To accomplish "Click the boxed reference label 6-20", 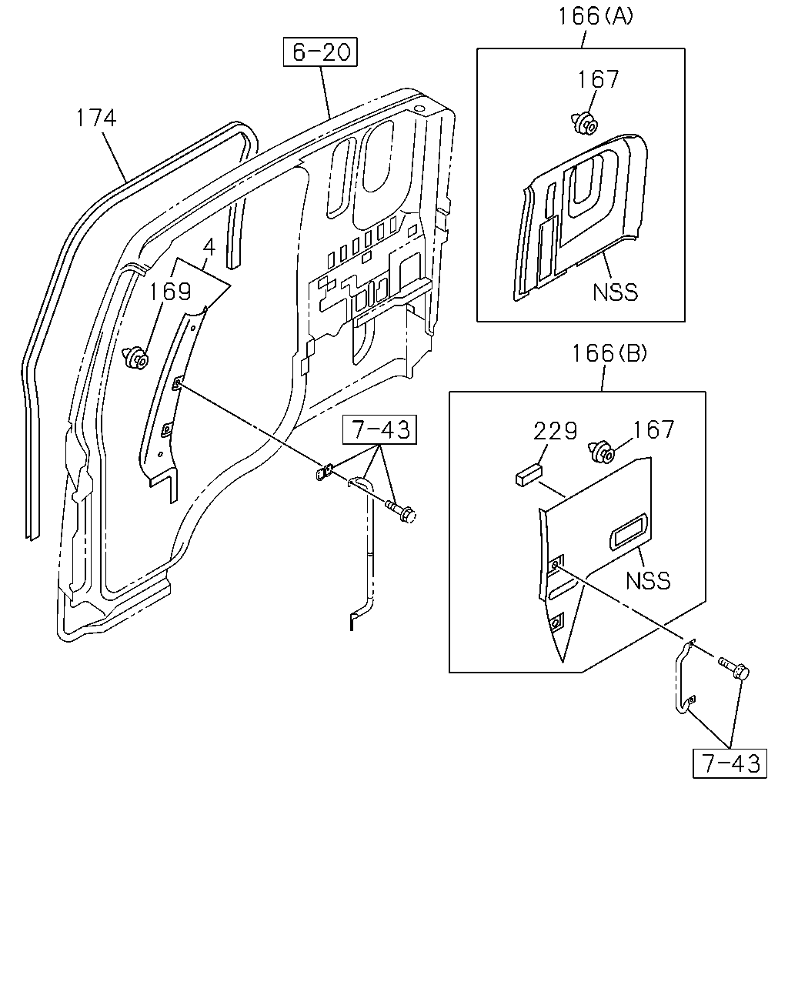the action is [x=320, y=52].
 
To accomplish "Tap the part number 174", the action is [x=96, y=118].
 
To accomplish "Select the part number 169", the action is [x=170, y=291].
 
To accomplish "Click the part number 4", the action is [x=209, y=248].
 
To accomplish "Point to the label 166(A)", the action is [x=595, y=16].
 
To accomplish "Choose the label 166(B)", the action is [x=609, y=353].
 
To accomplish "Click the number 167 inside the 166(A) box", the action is [x=598, y=79].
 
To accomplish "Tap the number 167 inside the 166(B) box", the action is [x=653, y=429].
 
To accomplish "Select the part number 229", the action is [x=555, y=431].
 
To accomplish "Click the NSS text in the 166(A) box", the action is [x=615, y=292].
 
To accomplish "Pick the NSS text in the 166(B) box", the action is [x=648, y=580].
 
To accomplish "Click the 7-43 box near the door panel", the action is [x=379, y=429].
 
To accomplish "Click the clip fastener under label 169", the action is [x=135, y=358].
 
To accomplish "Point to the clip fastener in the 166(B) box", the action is [x=601, y=452].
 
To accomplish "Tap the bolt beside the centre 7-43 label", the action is [x=401, y=513].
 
